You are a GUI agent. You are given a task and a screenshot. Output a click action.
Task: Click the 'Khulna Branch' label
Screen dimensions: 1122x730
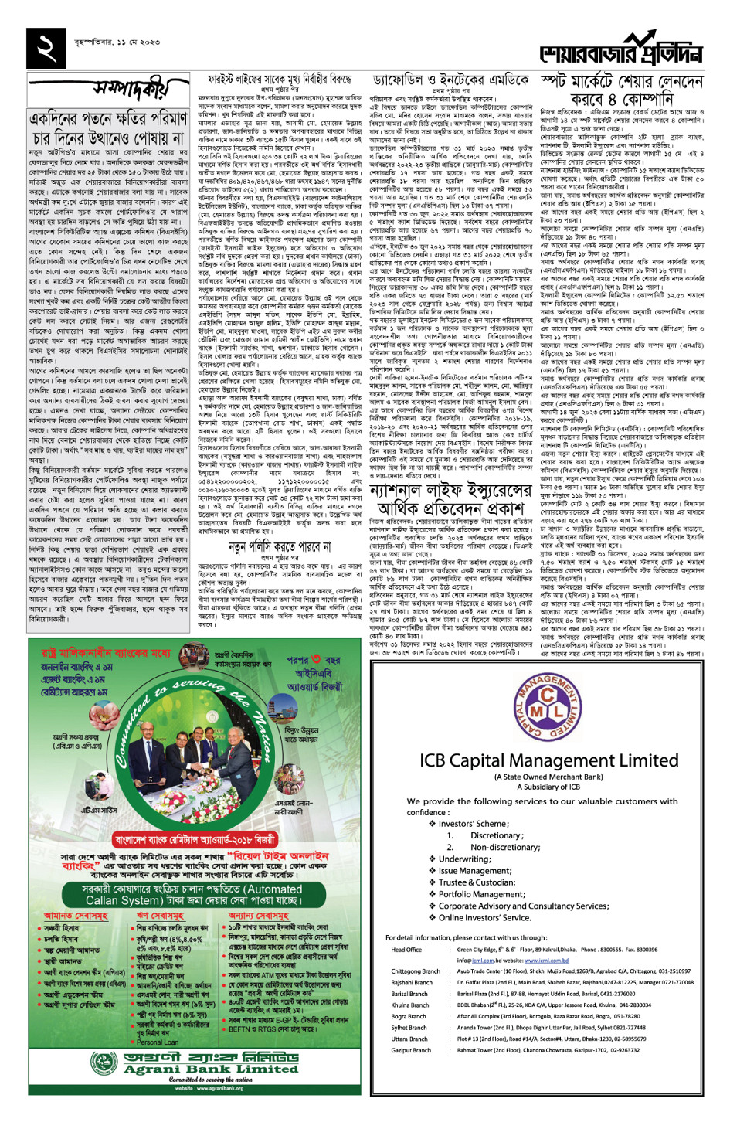pos(409,1005)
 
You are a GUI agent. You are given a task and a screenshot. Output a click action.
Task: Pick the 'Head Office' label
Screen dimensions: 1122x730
pos(406,950)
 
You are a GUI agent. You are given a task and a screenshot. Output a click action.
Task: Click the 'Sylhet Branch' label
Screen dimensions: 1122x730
pos(409,1028)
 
